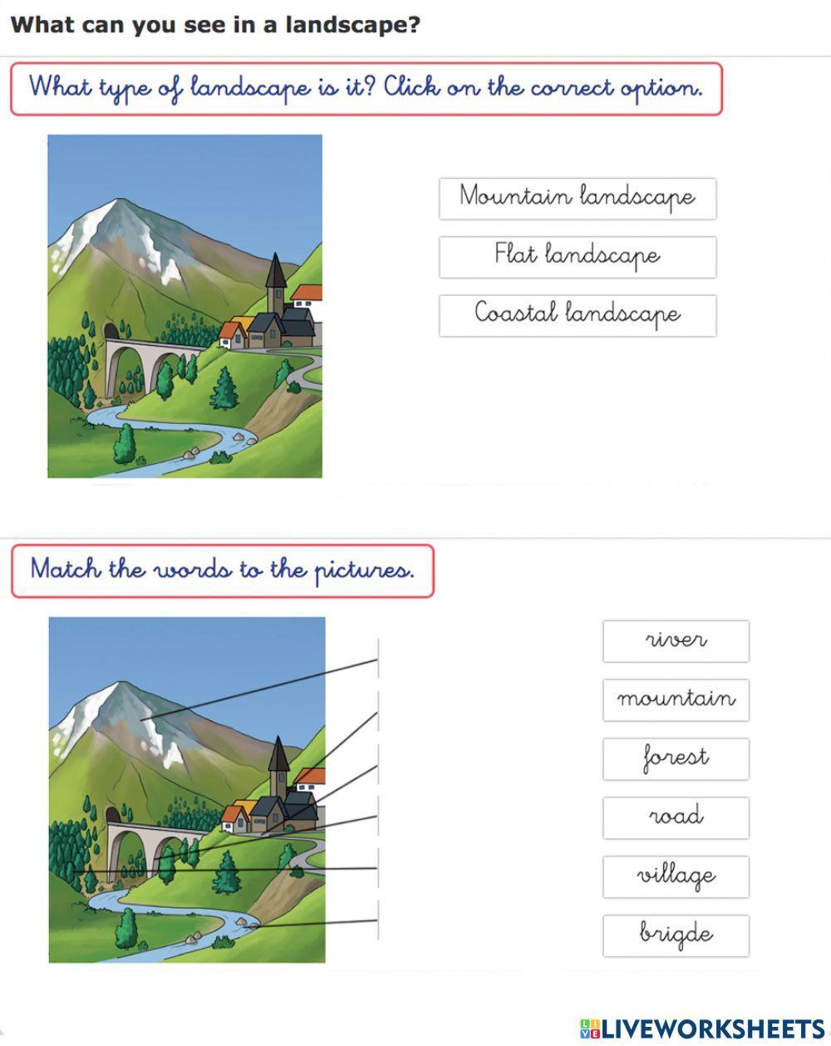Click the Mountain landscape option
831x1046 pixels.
click(577, 198)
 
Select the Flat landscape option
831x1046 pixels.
click(577, 256)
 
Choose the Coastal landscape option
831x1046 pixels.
click(577, 315)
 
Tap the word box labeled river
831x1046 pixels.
click(676, 641)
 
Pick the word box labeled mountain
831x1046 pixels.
click(676, 699)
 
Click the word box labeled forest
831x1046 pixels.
click(676, 758)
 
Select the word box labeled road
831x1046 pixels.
click(676, 817)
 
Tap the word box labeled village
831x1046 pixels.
click(676, 876)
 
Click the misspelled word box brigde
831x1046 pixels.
click(676, 935)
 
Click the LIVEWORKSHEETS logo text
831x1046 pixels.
click(711, 1029)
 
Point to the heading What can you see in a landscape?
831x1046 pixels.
click(215, 25)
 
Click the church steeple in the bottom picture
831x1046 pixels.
click(278, 758)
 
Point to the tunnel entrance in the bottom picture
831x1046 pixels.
click(112, 814)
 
